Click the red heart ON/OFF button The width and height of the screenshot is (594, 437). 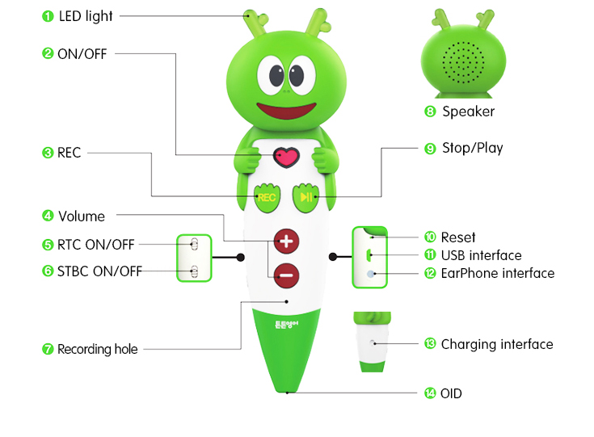point(284,157)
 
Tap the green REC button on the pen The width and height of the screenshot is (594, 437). point(267,196)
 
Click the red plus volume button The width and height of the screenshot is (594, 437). point(286,241)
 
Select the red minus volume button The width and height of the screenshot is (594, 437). point(286,275)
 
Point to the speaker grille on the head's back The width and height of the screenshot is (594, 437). point(463,63)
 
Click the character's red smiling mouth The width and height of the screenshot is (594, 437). point(284,110)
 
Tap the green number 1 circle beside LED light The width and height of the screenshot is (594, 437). point(48,15)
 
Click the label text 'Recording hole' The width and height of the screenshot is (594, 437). point(97,349)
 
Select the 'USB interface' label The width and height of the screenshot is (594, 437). point(481,255)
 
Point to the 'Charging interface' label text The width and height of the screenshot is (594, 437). point(497,344)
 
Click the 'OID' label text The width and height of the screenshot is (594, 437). point(452,393)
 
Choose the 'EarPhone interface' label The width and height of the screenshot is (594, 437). point(497,273)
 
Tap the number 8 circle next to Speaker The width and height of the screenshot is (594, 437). point(430,111)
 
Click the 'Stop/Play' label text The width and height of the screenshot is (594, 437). point(472,148)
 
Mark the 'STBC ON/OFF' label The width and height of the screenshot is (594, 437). point(99,271)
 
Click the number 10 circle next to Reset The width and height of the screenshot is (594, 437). point(430,237)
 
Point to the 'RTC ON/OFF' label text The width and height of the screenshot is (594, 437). point(96,244)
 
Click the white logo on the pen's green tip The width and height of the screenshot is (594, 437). point(286,328)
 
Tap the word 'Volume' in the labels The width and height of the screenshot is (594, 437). point(82,216)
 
